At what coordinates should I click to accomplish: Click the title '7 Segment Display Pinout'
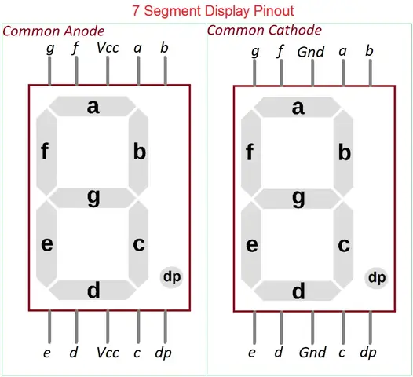213,11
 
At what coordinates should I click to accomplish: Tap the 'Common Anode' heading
53,31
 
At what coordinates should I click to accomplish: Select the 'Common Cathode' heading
264,30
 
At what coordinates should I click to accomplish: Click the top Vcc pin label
108,48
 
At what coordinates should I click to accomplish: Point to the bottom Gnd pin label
312,353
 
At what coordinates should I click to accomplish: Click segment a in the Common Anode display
93,107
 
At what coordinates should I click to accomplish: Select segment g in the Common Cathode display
298,199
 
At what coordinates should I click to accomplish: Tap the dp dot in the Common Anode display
171,277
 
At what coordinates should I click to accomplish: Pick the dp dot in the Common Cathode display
376,278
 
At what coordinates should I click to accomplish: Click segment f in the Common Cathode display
251,153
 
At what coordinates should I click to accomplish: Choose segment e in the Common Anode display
46,244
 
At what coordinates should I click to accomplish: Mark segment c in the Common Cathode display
343,245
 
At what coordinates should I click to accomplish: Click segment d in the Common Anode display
93,290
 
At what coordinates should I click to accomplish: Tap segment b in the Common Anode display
138,152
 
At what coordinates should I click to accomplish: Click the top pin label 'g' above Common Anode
50,49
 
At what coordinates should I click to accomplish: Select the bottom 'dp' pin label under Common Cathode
368,353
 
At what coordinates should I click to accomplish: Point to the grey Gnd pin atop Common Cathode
312,73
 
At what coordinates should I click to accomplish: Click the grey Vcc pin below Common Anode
108,327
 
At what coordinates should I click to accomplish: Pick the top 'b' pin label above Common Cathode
369,51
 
